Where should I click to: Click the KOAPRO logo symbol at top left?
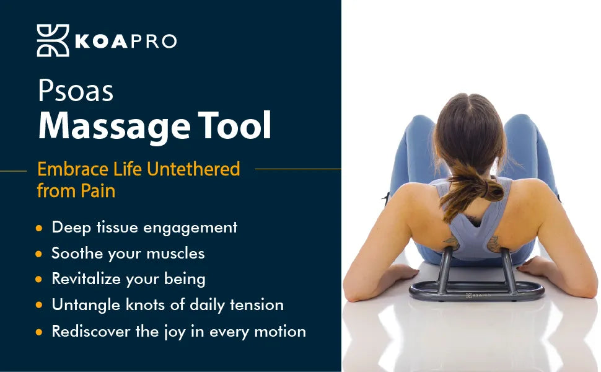(53, 41)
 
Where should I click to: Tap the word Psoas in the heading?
(76, 91)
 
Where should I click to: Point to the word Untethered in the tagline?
(193, 169)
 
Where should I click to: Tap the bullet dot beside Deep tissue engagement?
(38, 228)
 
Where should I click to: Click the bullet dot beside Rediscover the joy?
(38, 332)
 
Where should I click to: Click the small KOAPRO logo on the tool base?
(478, 295)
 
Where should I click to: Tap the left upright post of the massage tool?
(445, 270)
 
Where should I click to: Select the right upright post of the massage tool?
(509, 271)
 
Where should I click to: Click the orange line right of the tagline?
(298, 169)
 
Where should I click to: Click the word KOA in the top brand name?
(101, 42)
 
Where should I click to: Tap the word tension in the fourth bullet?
(257, 304)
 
